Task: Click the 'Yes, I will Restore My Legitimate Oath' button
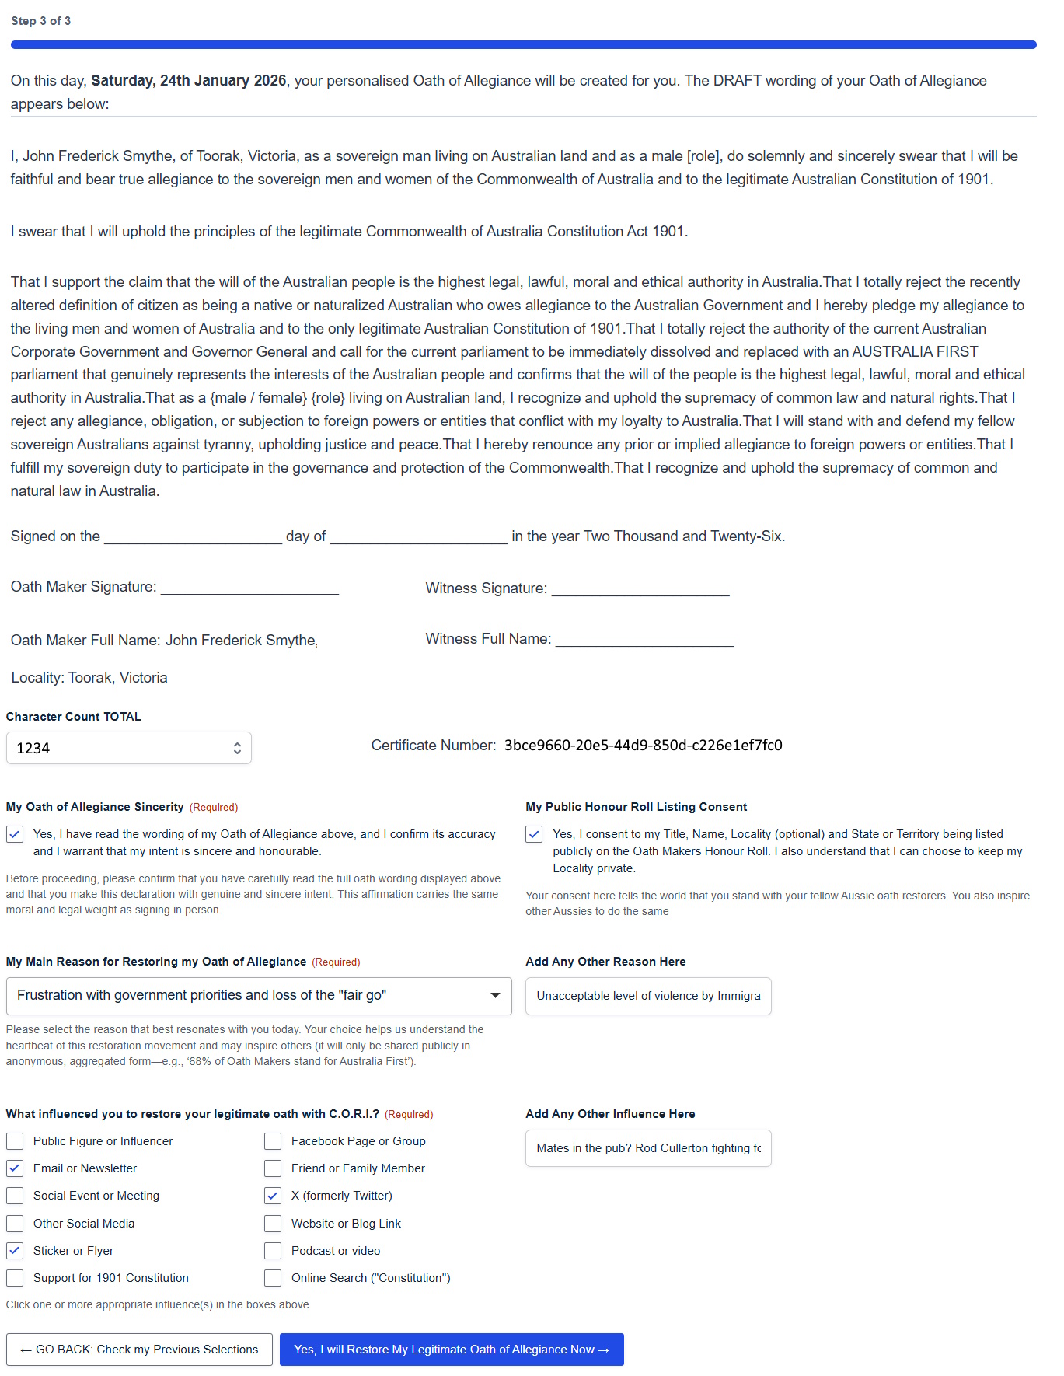452,1350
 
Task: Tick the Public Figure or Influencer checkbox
15,1141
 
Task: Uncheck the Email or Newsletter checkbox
15,1168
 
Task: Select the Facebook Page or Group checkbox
273,1141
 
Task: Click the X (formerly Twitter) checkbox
273,1196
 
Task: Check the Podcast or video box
273,1251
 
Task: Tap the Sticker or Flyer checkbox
15,1251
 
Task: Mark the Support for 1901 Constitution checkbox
15,1278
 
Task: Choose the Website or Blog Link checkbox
273,1224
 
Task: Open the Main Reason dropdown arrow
495,996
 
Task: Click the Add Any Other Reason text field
648,996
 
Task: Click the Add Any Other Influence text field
648,1148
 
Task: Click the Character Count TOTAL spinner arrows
237,748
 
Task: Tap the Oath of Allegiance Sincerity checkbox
15,834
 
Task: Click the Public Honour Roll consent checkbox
534,834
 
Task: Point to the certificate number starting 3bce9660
643,746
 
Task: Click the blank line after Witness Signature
640,589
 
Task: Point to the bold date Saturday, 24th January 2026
189,81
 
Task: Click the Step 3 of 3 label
41,21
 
